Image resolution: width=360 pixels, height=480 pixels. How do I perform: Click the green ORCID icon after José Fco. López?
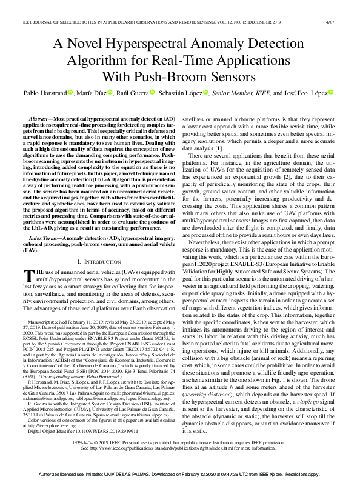[331, 92]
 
